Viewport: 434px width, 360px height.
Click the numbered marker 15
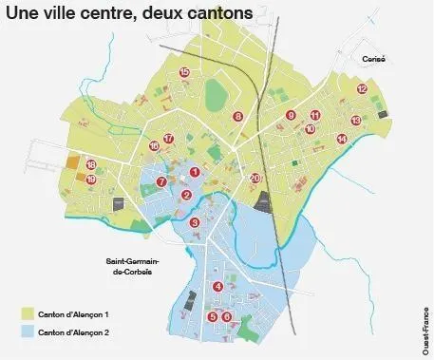183,72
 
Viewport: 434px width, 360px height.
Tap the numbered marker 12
362,88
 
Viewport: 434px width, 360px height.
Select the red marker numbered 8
237,116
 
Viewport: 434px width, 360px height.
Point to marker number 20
255,178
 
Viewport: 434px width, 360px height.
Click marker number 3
194,222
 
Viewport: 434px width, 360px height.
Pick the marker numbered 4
217,286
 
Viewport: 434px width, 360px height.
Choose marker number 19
91,179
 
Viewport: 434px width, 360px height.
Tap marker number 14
342,139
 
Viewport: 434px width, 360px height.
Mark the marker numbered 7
161,181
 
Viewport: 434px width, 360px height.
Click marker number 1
194,172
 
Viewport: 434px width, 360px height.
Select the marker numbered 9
291,116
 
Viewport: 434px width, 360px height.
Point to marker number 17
168,139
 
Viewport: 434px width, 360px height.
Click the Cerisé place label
371,58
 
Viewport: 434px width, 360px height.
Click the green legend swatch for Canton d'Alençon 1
29,313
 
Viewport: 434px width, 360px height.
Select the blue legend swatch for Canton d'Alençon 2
29,332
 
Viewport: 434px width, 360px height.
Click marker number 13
354,121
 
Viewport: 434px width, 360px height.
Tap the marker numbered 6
226,316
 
